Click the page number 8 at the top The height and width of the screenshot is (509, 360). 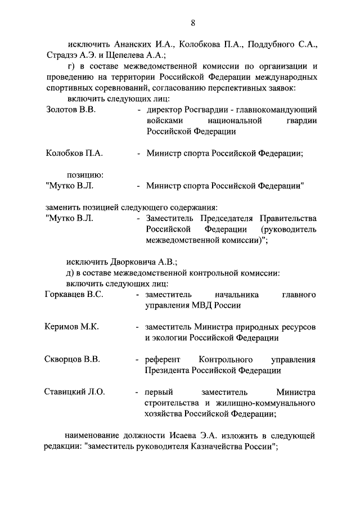[x=193, y=22]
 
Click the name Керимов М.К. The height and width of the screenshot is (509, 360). [x=71, y=327]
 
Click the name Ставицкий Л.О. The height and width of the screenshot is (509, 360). [x=74, y=392]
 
